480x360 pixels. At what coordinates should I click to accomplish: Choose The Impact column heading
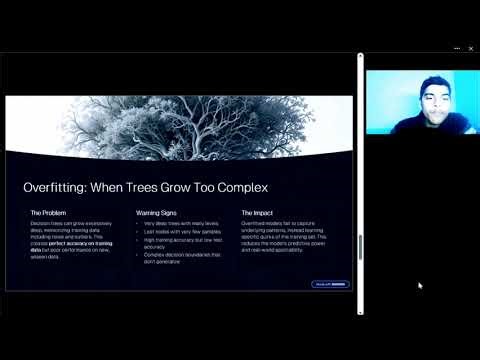coord(258,213)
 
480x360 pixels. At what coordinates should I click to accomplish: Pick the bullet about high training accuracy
coord(180,241)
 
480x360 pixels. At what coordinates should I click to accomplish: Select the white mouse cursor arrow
coord(420,285)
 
